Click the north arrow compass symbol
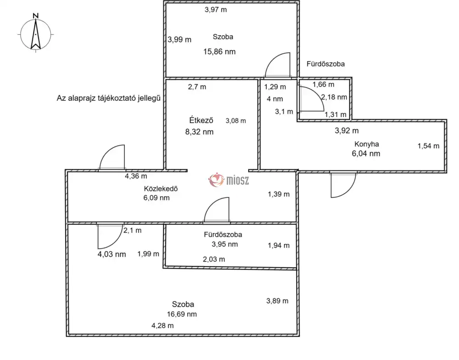[35, 33]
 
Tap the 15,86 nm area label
[219, 52]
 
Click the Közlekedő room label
[161, 188]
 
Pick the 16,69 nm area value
[182, 314]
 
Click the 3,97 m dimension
[215, 9]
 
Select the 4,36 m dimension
[136, 176]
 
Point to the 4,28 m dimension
[162, 326]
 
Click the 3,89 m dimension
[277, 301]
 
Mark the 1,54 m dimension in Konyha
[428, 146]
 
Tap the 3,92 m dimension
[347, 131]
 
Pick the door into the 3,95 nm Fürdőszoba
[217, 210]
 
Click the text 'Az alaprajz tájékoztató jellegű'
[108, 98]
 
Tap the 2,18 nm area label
[334, 97]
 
